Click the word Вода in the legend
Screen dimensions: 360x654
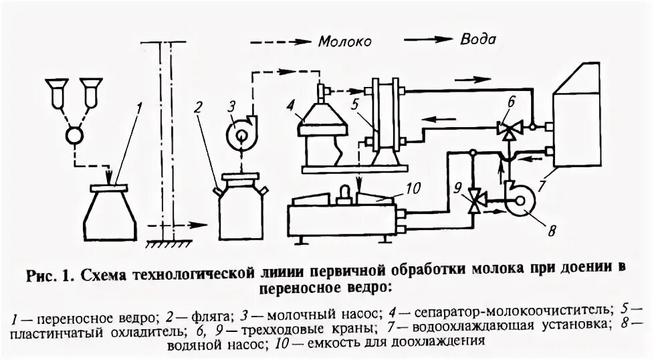[478, 39]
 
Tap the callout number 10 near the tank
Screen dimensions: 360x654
[413, 189]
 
